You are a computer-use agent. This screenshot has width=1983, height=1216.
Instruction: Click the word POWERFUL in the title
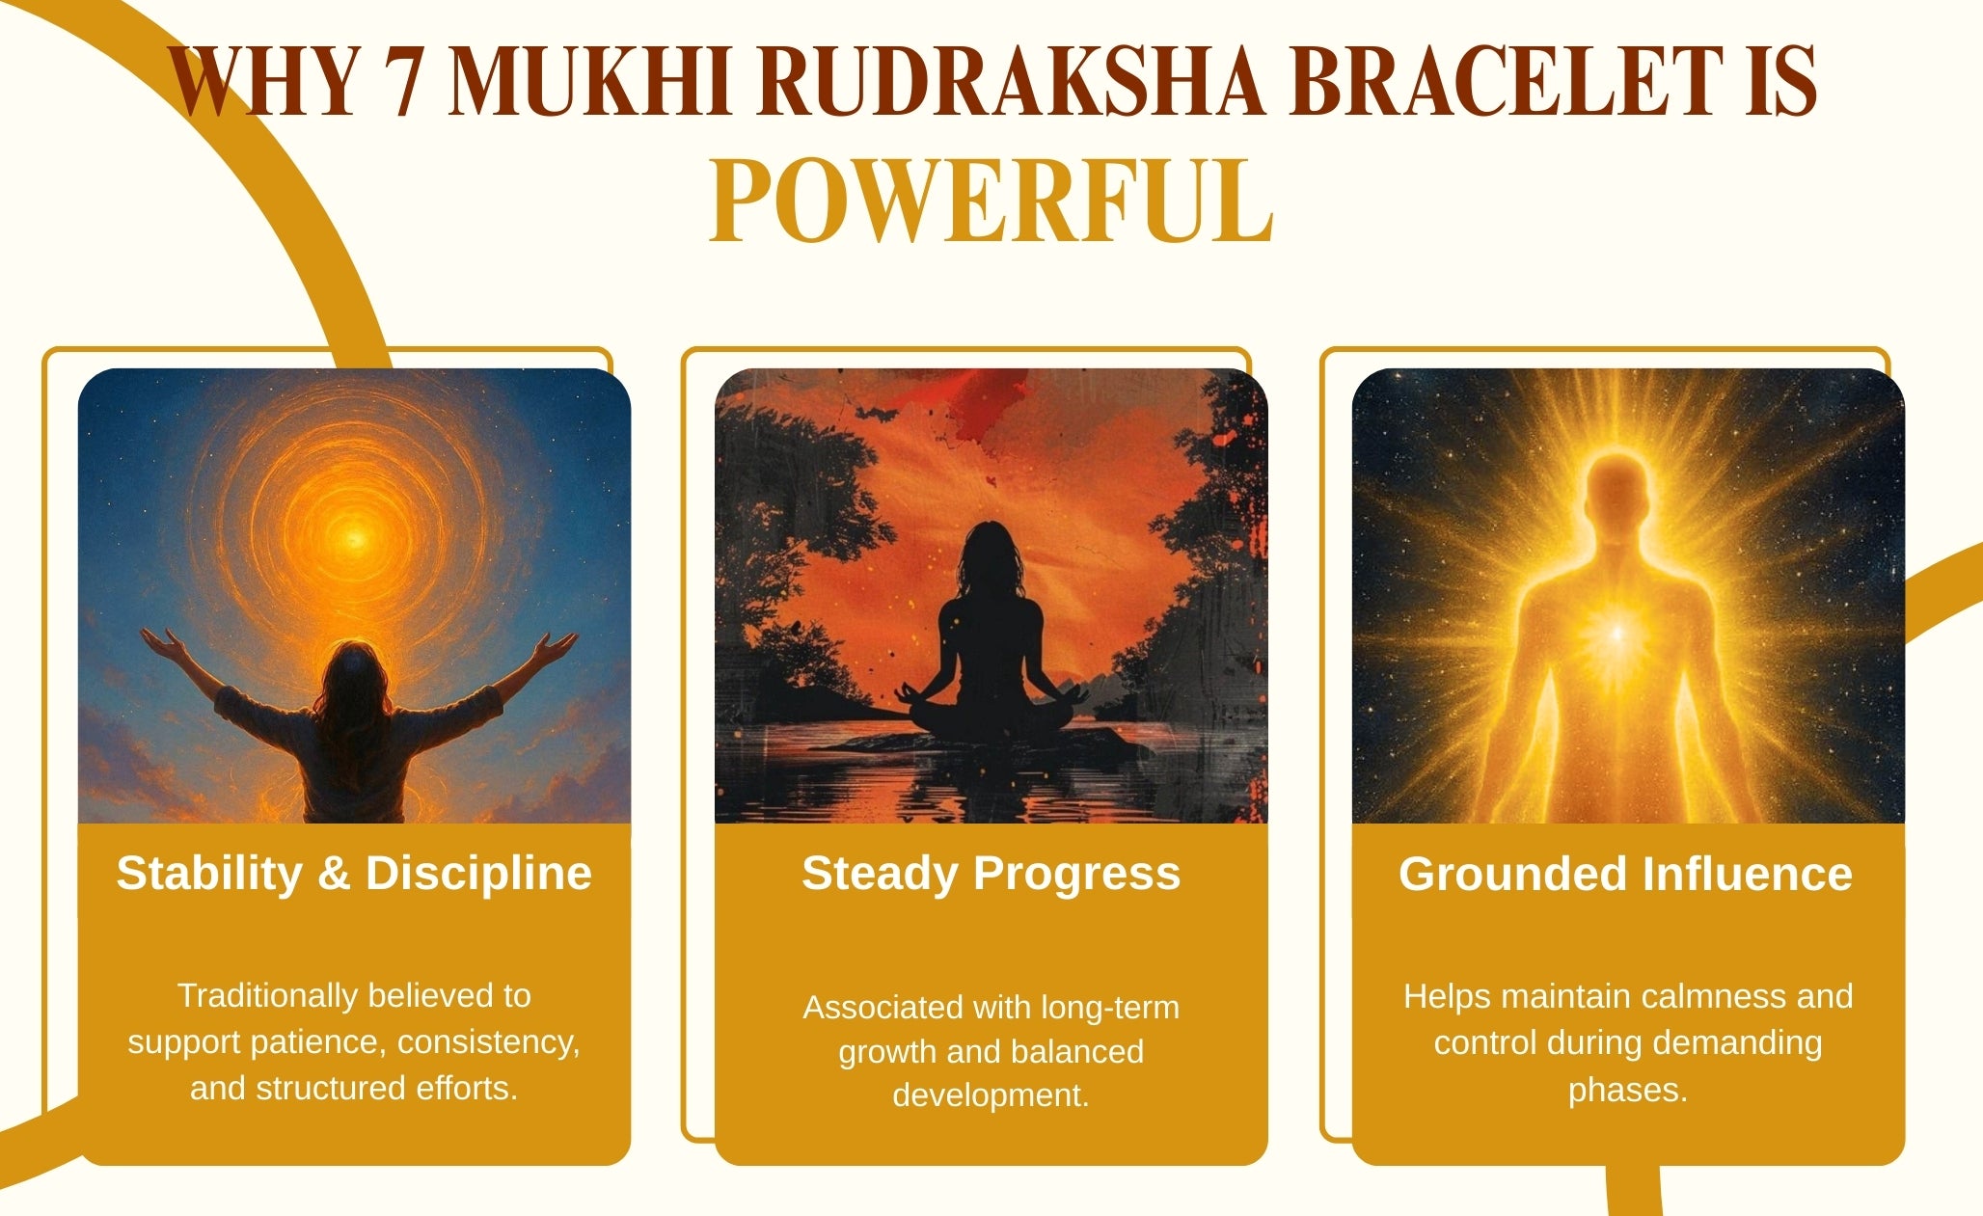click(991, 202)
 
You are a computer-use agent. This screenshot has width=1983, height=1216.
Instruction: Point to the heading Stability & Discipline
click(354, 873)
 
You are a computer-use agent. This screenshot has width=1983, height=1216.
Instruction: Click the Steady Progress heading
click(991, 874)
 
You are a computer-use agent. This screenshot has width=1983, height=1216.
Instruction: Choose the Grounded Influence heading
click(1626, 874)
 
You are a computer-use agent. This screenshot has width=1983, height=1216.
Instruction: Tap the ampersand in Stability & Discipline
click(333, 873)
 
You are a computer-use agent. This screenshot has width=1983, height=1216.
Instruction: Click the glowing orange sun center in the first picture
click(354, 537)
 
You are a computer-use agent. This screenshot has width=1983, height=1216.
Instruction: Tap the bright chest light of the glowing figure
click(1617, 633)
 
